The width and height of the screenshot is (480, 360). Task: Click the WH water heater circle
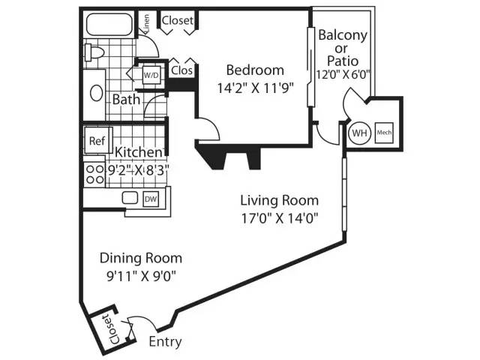pyautogui.click(x=359, y=133)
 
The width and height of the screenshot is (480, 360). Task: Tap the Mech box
pyautogui.click(x=384, y=133)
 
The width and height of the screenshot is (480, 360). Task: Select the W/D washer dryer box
pyautogui.click(x=151, y=75)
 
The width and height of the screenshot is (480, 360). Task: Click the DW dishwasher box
pyautogui.click(x=151, y=199)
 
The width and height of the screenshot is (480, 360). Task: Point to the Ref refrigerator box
pyautogui.click(x=98, y=140)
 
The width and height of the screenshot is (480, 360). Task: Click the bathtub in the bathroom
pyautogui.click(x=109, y=24)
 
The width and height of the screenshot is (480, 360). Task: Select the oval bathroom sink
pyautogui.click(x=97, y=93)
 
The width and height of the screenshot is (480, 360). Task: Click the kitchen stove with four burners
pyautogui.click(x=94, y=174)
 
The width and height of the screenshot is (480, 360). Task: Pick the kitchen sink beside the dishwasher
pyautogui.click(x=130, y=198)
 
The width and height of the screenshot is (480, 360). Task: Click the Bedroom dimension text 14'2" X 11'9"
pyautogui.click(x=255, y=88)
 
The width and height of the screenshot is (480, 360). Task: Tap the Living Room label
pyautogui.click(x=279, y=200)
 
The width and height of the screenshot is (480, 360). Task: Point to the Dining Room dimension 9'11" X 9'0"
pyautogui.click(x=141, y=277)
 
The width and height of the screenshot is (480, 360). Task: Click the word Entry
pyautogui.click(x=165, y=342)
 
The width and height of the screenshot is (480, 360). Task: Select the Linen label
pyautogui.click(x=147, y=24)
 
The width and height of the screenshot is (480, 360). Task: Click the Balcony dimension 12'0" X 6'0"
pyautogui.click(x=343, y=75)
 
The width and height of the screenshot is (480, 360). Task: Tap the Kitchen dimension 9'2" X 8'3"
pyautogui.click(x=137, y=169)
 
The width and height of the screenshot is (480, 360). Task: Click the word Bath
pyautogui.click(x=126, y=100)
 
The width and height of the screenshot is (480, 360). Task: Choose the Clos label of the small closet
pyautogui.click(x=181, y=70)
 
